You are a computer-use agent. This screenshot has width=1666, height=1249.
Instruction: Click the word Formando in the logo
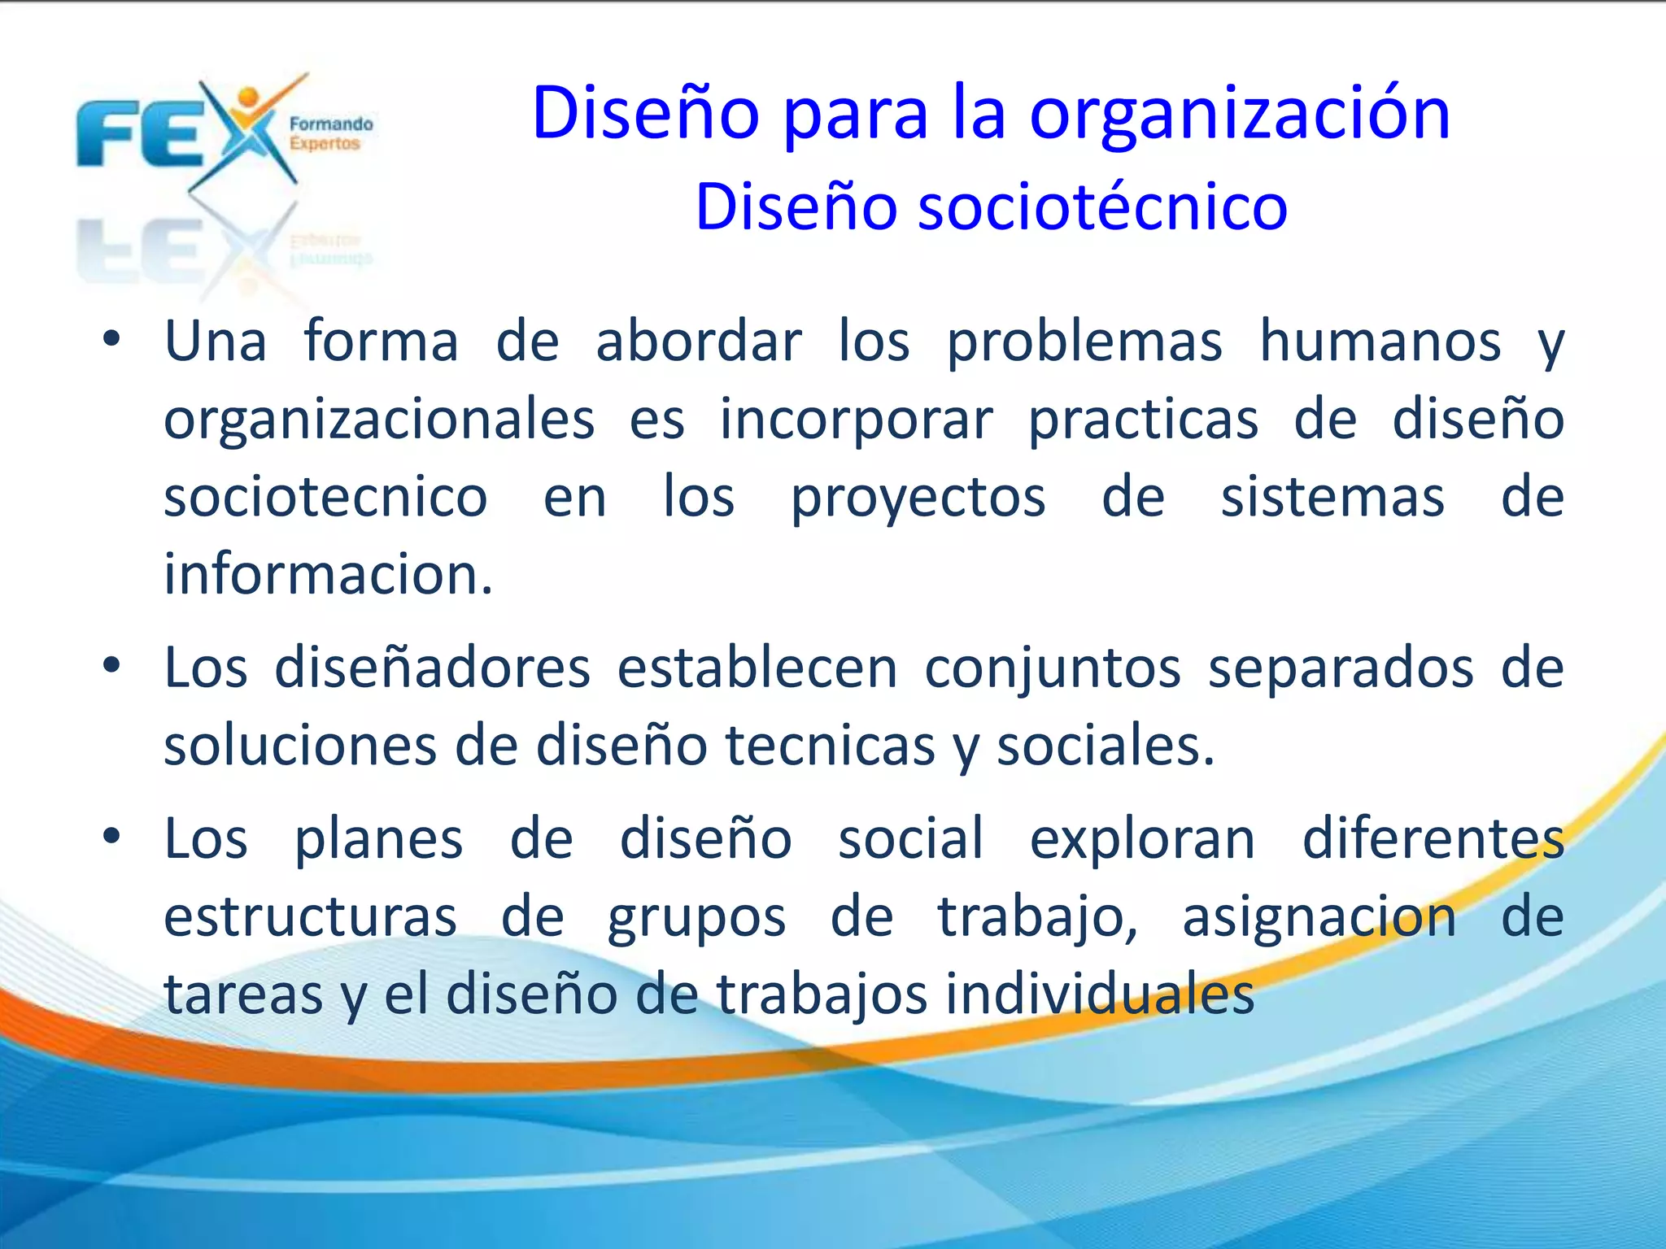(331, 124)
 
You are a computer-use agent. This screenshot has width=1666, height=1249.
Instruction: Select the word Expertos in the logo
(324, 144)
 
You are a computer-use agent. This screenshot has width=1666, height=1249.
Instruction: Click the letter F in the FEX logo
(108, 133)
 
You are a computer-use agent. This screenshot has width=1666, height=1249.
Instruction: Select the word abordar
(699, 342)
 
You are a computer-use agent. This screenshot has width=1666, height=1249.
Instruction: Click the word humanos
(1380, 342)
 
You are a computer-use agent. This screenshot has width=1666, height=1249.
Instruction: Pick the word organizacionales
(379, 421)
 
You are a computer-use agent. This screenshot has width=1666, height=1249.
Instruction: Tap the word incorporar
(856, 420)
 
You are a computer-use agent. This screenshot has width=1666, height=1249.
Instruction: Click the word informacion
(328, 575)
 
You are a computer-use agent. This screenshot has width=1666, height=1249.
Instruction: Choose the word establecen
(757, 668)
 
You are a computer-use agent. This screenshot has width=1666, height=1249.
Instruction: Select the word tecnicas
(830, 746)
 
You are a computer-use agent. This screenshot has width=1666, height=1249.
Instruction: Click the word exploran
(1142, 840)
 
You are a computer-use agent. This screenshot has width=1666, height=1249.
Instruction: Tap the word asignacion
(1319, 918)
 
